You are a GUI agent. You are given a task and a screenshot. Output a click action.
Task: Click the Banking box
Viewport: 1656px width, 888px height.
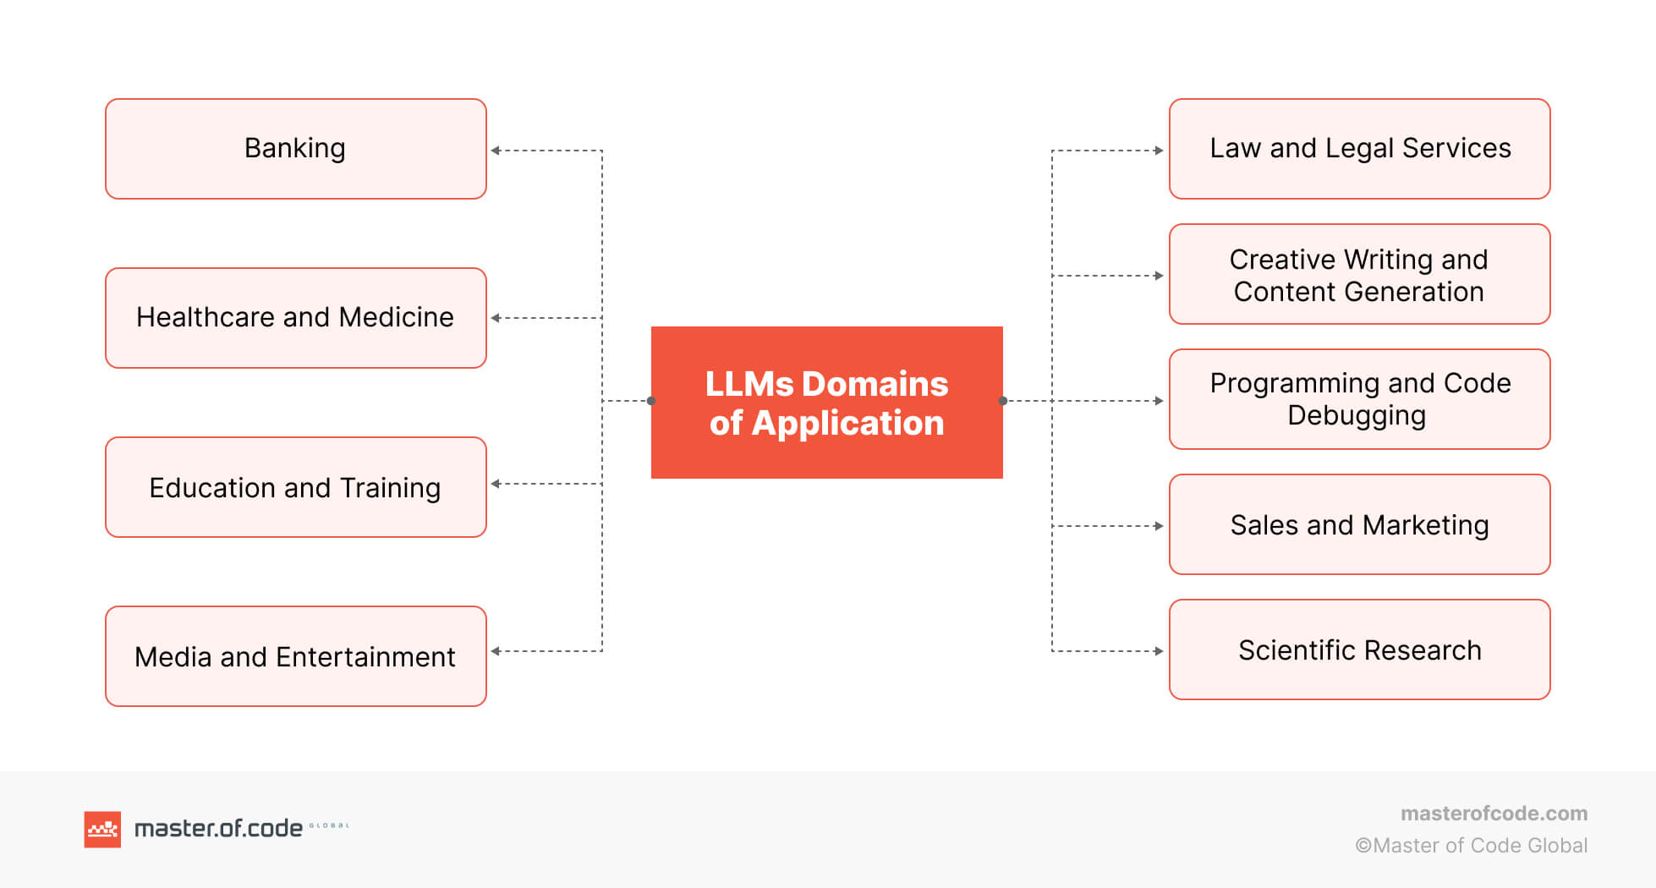pos(295,149)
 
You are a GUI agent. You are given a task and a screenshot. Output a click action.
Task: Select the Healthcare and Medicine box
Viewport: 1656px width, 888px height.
pos(295,318)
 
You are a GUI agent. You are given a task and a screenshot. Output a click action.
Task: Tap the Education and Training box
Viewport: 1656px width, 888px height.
pos(295,487)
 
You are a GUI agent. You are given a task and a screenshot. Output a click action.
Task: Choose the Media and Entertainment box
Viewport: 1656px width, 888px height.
pos(295,656)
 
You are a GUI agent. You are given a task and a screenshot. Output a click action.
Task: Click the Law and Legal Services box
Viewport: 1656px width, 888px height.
pos(1359,149)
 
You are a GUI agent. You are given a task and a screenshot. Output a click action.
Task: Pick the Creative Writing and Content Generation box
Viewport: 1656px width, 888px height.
pos(1359,274)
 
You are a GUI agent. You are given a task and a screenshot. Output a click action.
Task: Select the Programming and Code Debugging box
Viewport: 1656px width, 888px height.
pos(1359,399)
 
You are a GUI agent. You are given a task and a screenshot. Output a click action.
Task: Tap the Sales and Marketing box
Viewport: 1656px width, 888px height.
pos(1359,524)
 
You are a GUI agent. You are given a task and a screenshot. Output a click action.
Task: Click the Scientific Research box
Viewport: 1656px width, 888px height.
pos(1359,650)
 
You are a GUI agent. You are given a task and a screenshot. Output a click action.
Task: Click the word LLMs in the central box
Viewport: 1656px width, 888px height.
pos(748,384)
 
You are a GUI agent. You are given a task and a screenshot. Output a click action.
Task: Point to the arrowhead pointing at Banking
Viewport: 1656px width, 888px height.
pos(496,151)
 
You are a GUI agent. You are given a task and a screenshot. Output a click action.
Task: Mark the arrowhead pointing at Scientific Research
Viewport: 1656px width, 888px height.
pos(1160,651)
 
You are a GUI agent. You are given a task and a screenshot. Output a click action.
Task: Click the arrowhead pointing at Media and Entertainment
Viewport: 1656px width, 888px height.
pos(496,651)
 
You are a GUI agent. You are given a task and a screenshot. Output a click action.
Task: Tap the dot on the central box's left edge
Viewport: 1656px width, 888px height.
pos(651,401)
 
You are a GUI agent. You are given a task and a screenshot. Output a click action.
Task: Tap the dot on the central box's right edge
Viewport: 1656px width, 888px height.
pos(1003,401)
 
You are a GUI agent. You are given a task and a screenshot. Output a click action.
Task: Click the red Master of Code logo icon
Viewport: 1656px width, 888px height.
pos(102,829)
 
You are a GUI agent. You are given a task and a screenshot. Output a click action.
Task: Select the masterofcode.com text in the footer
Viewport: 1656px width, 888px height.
pos(1494,814)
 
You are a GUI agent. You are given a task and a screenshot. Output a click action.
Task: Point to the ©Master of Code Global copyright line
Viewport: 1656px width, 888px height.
pos(1471,846)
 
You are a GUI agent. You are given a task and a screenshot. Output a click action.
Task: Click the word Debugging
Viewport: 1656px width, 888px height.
pos(1356,416)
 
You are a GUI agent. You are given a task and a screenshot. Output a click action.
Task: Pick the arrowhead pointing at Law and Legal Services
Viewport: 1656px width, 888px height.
pos(1160,151)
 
